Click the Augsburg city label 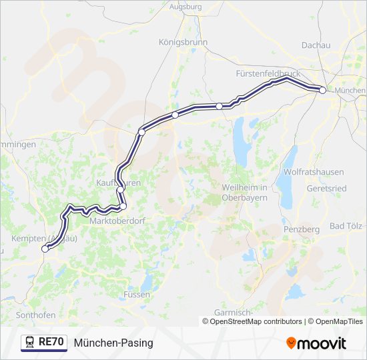[x=186, y=6]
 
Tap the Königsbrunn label [x=183, y=42]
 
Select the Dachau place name [x=316, y=45]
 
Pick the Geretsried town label [x=327, y=188]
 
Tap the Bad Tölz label [x=346, y=226]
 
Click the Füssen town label [x=136, y=294]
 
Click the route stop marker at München [x=322, y=90]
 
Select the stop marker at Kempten [x=45, y=249]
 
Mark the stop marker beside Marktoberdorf [x=123, y=206]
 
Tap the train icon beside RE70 [x=29, y=343]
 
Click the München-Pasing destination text [x=113, y=343]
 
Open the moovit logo [x=316, y=343]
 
